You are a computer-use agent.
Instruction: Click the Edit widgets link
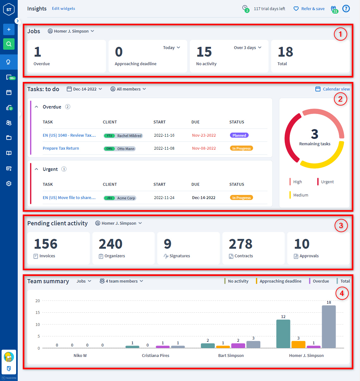pos(63,9)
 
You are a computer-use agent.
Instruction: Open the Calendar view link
pos(336,89)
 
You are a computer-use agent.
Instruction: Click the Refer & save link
pos(313,9)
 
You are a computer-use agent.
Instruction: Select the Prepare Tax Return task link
pos(61,148)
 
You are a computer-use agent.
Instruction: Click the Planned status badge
pos(239,135)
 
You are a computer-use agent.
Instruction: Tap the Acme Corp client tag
pos(126,198)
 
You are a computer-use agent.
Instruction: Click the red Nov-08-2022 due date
pos(204,148)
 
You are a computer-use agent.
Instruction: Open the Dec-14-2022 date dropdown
pos(84,89)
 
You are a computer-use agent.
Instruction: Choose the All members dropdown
pos(128,89)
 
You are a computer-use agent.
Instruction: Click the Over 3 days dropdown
pos(248,48)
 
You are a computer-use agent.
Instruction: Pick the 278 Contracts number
pos(240,244)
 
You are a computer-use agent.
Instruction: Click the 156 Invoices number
pos(46,244)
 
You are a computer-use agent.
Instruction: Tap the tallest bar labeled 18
pos(329,327)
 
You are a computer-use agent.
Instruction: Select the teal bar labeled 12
pos(283,334)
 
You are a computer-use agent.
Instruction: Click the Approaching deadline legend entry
pos(280,281)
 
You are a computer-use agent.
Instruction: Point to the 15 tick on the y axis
pos(38,313)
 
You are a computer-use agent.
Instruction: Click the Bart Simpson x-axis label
pos(231,356)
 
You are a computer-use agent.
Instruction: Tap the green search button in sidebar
pos(9,44)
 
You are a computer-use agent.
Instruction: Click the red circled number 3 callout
pos(341,226)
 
